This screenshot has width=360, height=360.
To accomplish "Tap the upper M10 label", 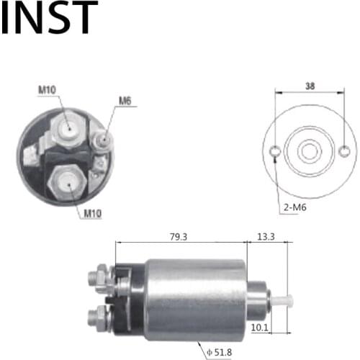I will (x=47, y=90).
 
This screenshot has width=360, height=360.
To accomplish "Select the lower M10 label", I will (x=91, y=213).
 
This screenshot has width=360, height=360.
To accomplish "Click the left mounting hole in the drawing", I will (x=274, y=151).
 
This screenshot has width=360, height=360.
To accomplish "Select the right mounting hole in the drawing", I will (x=345, y=151).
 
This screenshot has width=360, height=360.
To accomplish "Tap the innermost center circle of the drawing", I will (x=310, y=151).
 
